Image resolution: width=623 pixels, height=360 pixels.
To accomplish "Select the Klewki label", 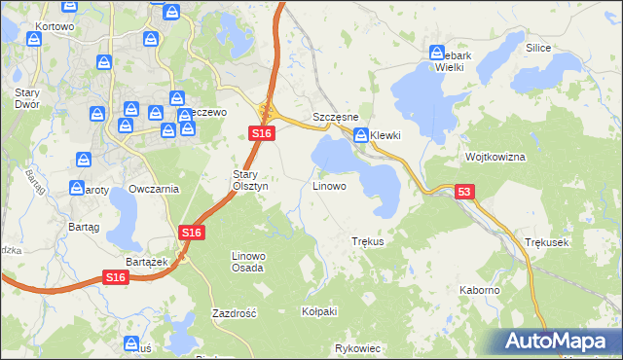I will [x=385, y=135].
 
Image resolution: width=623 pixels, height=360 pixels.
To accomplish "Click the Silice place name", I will [x=538, y=48].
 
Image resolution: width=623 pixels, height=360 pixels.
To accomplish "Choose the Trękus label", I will [x=368, y=240].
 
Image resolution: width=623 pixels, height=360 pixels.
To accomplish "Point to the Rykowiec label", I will [x=356, y=347].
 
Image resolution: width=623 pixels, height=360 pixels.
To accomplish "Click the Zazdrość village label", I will [x=234, y=313].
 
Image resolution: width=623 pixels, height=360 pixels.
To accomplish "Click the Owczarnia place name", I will [x=154, y=189].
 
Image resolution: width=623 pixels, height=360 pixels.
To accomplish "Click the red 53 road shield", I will [x=464, y=193].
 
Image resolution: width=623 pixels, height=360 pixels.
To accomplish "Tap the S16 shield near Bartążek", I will [x=116, y=278].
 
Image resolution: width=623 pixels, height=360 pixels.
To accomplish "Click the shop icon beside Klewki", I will [x=361, y=135].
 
